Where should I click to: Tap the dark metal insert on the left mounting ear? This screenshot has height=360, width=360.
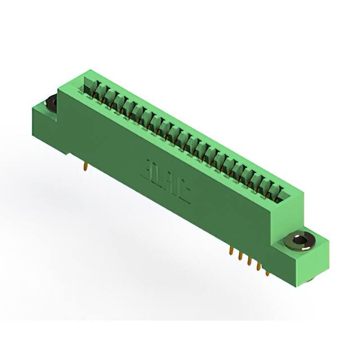49,103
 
